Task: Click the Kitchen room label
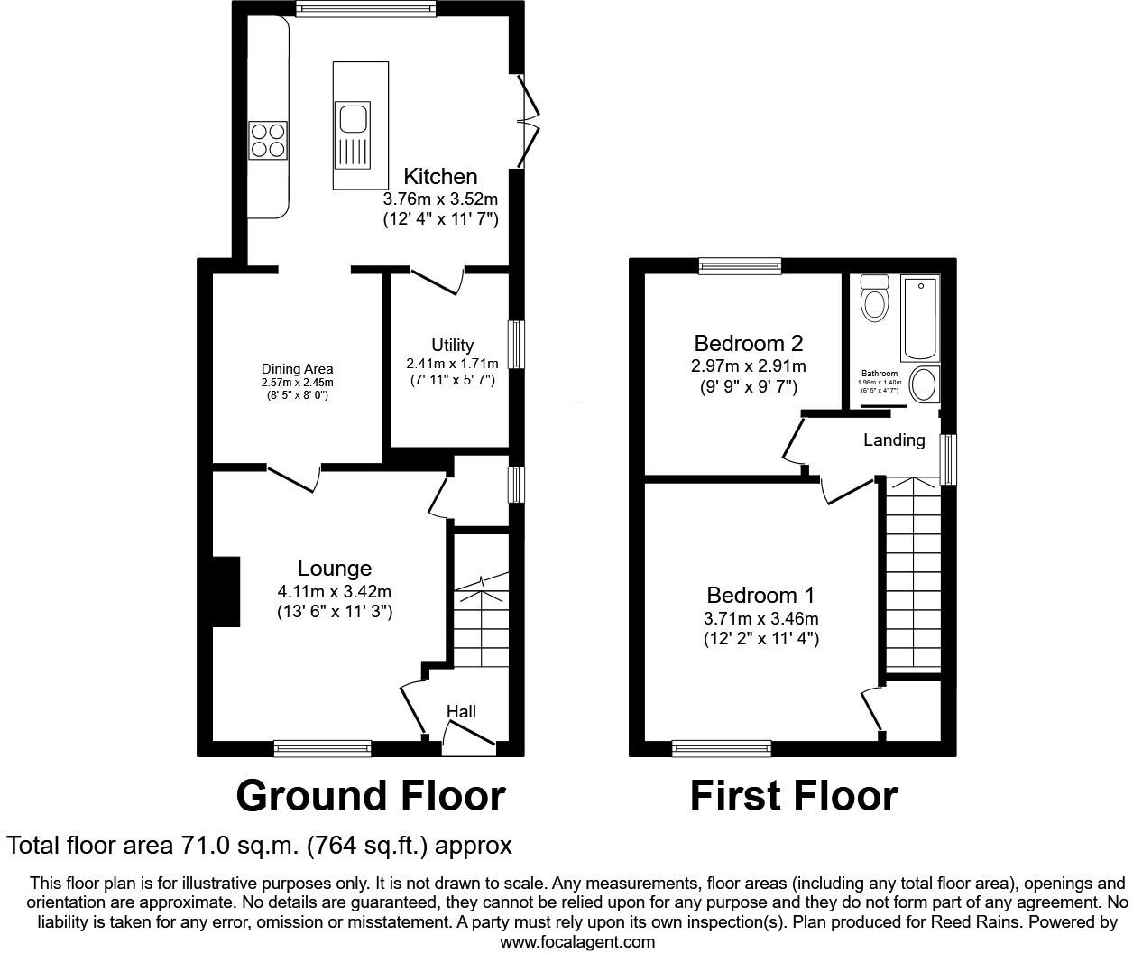(440, 176)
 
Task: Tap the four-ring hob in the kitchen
(268, 140)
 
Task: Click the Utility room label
(452, 345)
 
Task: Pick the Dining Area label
(297, 368)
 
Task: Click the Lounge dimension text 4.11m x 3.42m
(335, 592)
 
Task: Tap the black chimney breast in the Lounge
(226, 592)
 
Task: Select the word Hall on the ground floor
(461, 711)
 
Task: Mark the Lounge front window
(322, 747)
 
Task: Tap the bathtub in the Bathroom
(920, 318)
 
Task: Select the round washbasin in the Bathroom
(923, 385)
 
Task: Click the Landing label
(894, 439)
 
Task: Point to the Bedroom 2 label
(748, 343)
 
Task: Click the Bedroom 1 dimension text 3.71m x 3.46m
(761, 619)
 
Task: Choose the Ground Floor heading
(370, 796)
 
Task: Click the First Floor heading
(794, 796)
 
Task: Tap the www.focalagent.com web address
(577, 942)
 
